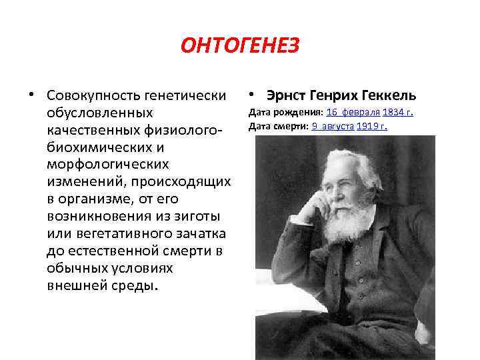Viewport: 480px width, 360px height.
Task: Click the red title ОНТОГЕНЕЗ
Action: coord(240,46)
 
